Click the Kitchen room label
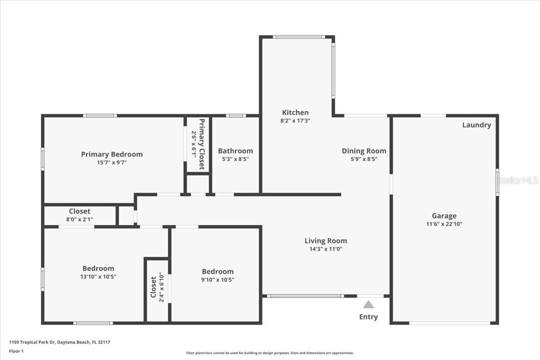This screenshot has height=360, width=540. [x=295, y=112]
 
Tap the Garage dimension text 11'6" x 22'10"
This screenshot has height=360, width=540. [x=444, y=224]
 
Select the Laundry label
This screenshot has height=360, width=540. [x=477, y=125]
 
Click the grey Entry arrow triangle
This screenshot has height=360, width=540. [x=369, y=305]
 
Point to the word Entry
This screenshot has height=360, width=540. [x=369, y=317]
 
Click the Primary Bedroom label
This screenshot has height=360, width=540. [x=112, y=154]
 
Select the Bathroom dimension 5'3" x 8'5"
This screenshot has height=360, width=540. [x=235, y=159]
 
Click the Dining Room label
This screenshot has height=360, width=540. [x=364, y=151]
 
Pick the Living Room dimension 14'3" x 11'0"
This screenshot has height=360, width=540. [x=326, y=249]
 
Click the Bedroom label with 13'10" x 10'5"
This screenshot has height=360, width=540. [x=98, y=269]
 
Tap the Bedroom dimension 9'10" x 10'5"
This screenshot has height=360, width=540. [x=218, y=279]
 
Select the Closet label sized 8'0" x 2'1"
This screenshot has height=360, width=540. [x=80, y=211]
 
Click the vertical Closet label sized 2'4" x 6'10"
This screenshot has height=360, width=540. [x=153, y=287]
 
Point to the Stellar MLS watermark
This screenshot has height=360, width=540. [x=517, y=180]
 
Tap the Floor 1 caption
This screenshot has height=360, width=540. [x=16, y=351]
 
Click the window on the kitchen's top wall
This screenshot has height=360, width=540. [x=298, y=37]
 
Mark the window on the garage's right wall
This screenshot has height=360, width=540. [x=497, y=182]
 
